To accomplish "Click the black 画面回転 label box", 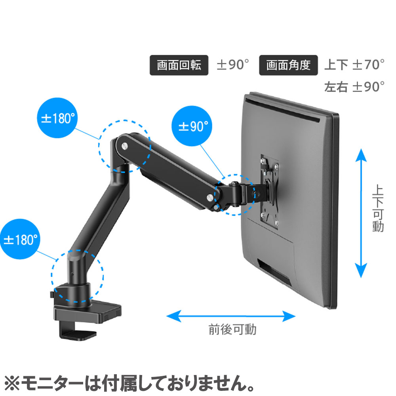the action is [x=179, y=65].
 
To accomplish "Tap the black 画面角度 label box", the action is [x=288, y=65].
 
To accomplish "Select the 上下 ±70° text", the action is [x=354, y=65].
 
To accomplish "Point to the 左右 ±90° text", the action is [x=354, y=87].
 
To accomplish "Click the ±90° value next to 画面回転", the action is [x=232, y=65].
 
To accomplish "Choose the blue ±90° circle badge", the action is [x=192, y=126].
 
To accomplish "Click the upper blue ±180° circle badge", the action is [x=57, y=118].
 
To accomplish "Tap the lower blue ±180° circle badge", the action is [x=20, y=239].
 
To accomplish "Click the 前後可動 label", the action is [x=232, y=329].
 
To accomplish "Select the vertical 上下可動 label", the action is [x=378, y=208].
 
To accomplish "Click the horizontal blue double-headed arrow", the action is [x=231, y=316].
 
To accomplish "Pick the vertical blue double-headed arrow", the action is [x=361, y=213].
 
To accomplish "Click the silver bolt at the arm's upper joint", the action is [x=125, y=146].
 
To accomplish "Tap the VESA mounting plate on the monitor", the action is [x=270, y=192].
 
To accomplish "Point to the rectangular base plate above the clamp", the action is [x=88, y=313].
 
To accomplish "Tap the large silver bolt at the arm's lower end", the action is [x=210, y=197].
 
